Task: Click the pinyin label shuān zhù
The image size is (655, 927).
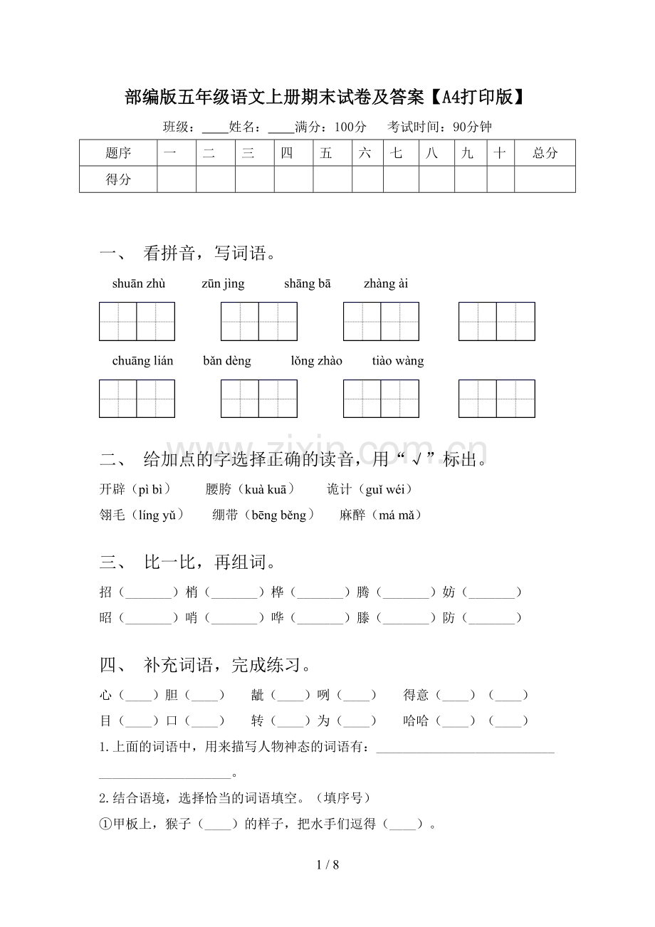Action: [139, 284]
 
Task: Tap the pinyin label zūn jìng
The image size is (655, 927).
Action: [223, 284]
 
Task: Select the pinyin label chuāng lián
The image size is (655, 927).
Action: [142, 361]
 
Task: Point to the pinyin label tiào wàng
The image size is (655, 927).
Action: [398, 361]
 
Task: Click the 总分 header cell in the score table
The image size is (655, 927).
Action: [545, 153]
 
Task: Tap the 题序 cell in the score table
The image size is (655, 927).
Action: [118, 153]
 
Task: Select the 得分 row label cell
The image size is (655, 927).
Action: [118, 179]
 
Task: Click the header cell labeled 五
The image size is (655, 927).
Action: [326, 153]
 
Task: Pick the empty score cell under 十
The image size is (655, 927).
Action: [501, 179]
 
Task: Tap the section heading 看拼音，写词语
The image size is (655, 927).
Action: [210, 253]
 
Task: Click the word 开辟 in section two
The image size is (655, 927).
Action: [112, 489]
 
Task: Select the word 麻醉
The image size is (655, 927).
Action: [352, 515]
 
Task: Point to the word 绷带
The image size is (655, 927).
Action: [225, 515]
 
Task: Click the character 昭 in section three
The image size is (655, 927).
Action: [106, 618]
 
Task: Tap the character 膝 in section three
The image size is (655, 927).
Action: [363, 618]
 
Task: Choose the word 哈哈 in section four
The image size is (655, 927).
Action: [416, 721]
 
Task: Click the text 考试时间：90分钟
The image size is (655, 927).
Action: [439, 127]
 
